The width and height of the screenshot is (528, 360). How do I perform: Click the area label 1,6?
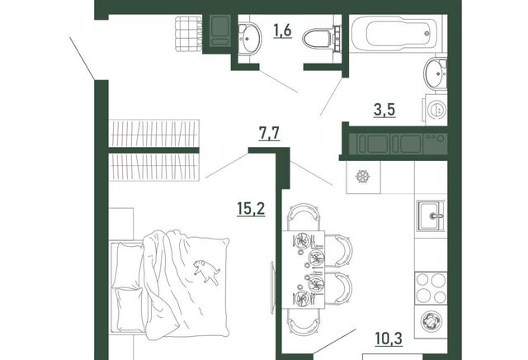[x=282, y=31]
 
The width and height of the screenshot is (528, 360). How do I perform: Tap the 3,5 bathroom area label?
[x=384, y=110]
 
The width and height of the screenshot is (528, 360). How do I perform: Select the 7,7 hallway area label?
[x=269, y=134]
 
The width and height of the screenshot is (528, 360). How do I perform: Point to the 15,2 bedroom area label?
[x=251, y=210]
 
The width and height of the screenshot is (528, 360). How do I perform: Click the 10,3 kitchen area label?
[x=389, y=338]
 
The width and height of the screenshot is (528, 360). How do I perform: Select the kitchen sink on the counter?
[x=431, y=216]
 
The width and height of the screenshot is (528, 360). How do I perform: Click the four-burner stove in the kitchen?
[x=431, y=288]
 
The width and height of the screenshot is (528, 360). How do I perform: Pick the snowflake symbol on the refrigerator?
[x=363, y=177]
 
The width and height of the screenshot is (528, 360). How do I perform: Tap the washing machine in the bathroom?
[x=436, y=109]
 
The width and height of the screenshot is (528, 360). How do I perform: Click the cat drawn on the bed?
[x=206, y=272]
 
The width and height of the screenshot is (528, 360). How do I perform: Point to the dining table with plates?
[x=303, y=270]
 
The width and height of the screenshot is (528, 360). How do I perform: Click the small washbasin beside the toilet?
[x=250, y=38]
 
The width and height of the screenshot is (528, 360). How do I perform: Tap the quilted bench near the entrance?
[x=188, y=34]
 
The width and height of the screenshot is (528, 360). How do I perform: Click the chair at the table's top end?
[x=303, y=216]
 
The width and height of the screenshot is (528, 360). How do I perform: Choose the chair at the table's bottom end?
[x=303, y=323]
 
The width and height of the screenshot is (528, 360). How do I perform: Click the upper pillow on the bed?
[x=129, y=266]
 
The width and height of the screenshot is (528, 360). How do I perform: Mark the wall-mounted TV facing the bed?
[x=272, y=287]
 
